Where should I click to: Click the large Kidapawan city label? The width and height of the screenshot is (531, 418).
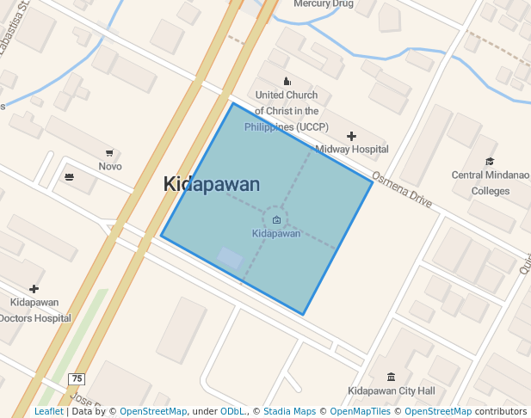(x=212, y=184)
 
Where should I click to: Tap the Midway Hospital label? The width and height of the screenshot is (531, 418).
(x=351, y=149)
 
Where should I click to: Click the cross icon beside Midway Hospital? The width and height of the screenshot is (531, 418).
(x=351, y=136)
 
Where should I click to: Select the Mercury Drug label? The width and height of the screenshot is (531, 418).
(x=324, y=4)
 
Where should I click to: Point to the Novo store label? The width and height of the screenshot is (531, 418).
(x=110, y=166)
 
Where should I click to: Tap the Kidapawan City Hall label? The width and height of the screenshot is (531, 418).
(x=392, y=391)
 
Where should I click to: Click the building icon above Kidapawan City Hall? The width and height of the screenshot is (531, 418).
(x=392, y=378)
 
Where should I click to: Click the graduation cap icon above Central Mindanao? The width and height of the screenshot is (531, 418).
(x=491, y=162)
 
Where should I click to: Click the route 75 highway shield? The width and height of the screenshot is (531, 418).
(x=77, y=379)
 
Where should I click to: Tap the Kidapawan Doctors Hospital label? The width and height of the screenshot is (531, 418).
(x=34, y=310)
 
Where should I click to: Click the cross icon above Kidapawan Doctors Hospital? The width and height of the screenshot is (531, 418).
(x=34, y=289)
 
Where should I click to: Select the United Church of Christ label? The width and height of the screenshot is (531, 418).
(x=287, y=111)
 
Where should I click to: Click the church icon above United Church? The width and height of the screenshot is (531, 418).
(x=287, y=81)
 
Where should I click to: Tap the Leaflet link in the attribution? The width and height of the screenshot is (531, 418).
(x=48, y=412)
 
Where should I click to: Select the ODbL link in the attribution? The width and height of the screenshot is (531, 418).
(x=232, y=412)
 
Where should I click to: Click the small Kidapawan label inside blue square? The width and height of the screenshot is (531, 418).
(x=276, y=233)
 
